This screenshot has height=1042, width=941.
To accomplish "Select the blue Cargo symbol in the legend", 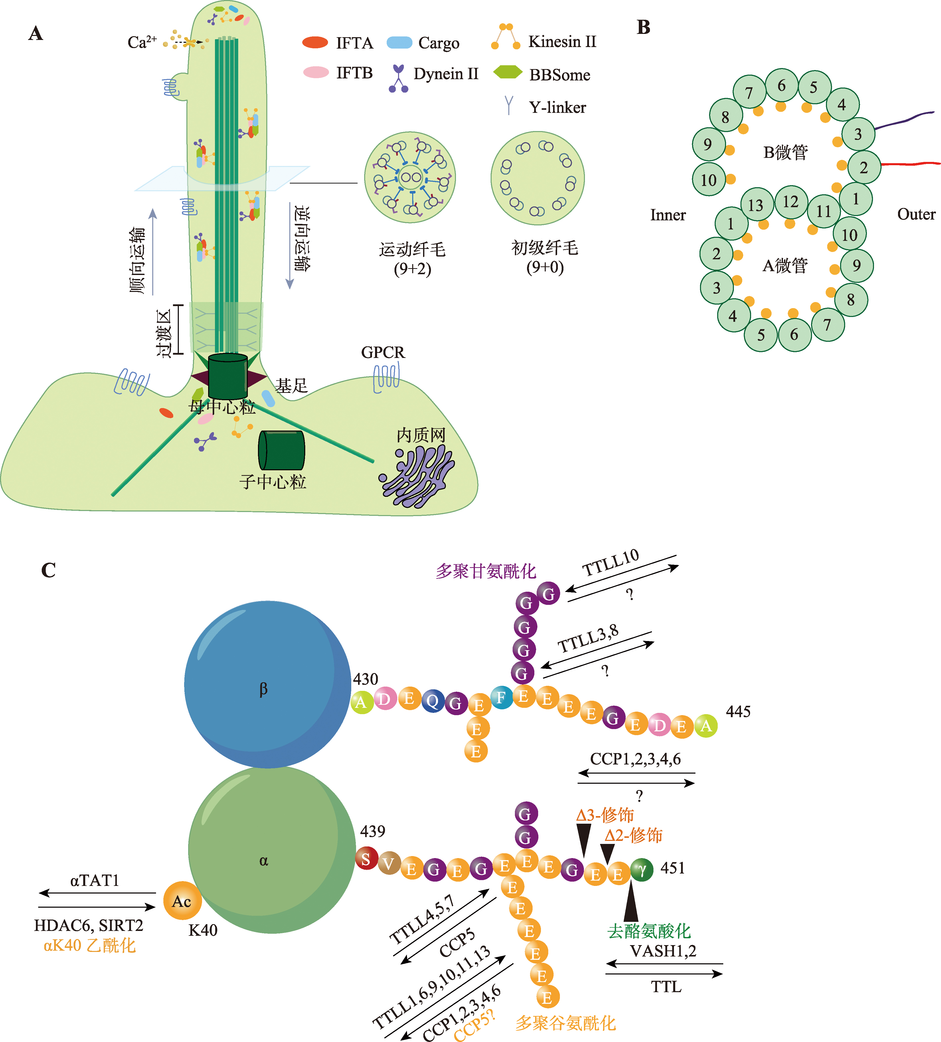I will [400, 42].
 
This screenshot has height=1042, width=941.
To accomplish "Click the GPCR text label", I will [383, 352].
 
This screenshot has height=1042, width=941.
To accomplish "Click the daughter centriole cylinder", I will [282, 450].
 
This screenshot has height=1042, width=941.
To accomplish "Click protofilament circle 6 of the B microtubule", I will [781, 85].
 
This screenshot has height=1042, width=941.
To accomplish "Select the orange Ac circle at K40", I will [182, 901].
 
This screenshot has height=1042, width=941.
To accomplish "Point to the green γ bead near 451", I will [642, 870].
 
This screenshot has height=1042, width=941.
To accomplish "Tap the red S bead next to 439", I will [366, 859].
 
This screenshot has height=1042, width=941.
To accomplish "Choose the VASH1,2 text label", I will [663, 950].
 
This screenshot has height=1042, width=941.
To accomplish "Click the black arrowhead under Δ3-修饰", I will [583, 839].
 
